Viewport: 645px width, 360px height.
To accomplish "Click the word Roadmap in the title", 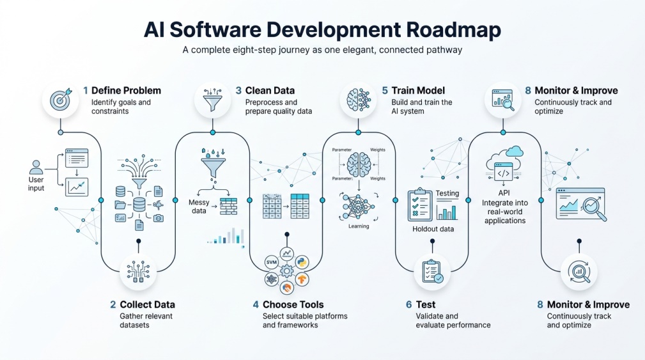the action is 453,29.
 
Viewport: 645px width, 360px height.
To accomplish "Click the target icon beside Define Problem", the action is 61,100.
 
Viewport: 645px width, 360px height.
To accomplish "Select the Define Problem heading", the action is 127,91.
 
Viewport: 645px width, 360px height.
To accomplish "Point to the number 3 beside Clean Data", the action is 238,91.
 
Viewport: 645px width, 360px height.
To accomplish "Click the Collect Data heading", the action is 147,304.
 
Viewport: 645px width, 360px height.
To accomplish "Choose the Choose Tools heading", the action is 293,304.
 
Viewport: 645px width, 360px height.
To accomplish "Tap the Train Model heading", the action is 418,91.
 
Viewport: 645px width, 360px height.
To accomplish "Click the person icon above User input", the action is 36,168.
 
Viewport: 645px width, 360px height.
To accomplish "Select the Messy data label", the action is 199,207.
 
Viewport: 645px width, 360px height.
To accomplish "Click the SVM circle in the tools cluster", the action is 272,262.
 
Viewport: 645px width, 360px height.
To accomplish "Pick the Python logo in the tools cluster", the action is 302,262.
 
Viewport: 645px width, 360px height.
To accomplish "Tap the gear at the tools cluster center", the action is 287,270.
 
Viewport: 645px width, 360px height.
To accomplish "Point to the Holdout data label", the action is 433,229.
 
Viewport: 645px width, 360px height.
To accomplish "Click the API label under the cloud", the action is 504,192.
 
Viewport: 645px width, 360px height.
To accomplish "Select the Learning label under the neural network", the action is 359,226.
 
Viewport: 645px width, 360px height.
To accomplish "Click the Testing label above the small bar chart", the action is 447,193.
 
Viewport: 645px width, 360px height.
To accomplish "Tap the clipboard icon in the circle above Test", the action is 432,272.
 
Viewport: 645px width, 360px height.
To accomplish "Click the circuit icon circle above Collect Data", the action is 138,272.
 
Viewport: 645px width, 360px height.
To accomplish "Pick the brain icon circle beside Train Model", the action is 358,100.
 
